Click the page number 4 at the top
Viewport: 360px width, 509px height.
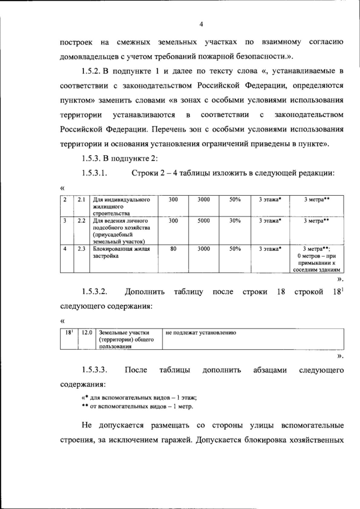coord(201,23)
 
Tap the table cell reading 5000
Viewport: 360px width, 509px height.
coord(204,221)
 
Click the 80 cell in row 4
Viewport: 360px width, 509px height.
coord(173,248)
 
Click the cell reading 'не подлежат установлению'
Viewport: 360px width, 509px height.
coord(201,333)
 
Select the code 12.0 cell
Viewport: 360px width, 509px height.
coord(87,333)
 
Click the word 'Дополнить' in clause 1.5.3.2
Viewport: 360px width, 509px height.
coord(145,292)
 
